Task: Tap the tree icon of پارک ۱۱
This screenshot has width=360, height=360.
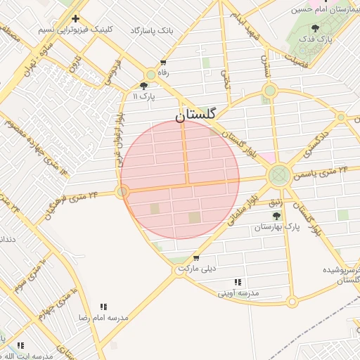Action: tap(143, 86)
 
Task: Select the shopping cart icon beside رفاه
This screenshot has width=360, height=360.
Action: tap(163, 62)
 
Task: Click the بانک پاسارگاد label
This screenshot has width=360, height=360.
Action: tap(151, 31)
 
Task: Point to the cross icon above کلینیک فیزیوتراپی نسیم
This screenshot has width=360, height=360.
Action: tap(75, 18)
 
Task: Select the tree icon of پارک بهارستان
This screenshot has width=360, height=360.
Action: tap(284, 217)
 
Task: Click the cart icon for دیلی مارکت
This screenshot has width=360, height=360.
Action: tap(195, 258)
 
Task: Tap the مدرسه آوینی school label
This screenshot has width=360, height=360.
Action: tap(238, 292)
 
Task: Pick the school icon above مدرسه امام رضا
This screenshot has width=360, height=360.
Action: tap(103, 307)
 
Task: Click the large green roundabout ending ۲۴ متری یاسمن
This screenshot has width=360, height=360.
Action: tap(279, 174)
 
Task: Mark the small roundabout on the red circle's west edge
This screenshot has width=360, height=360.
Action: tap(123, 191)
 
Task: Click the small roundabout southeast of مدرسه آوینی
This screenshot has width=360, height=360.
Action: tap(292, 302)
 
